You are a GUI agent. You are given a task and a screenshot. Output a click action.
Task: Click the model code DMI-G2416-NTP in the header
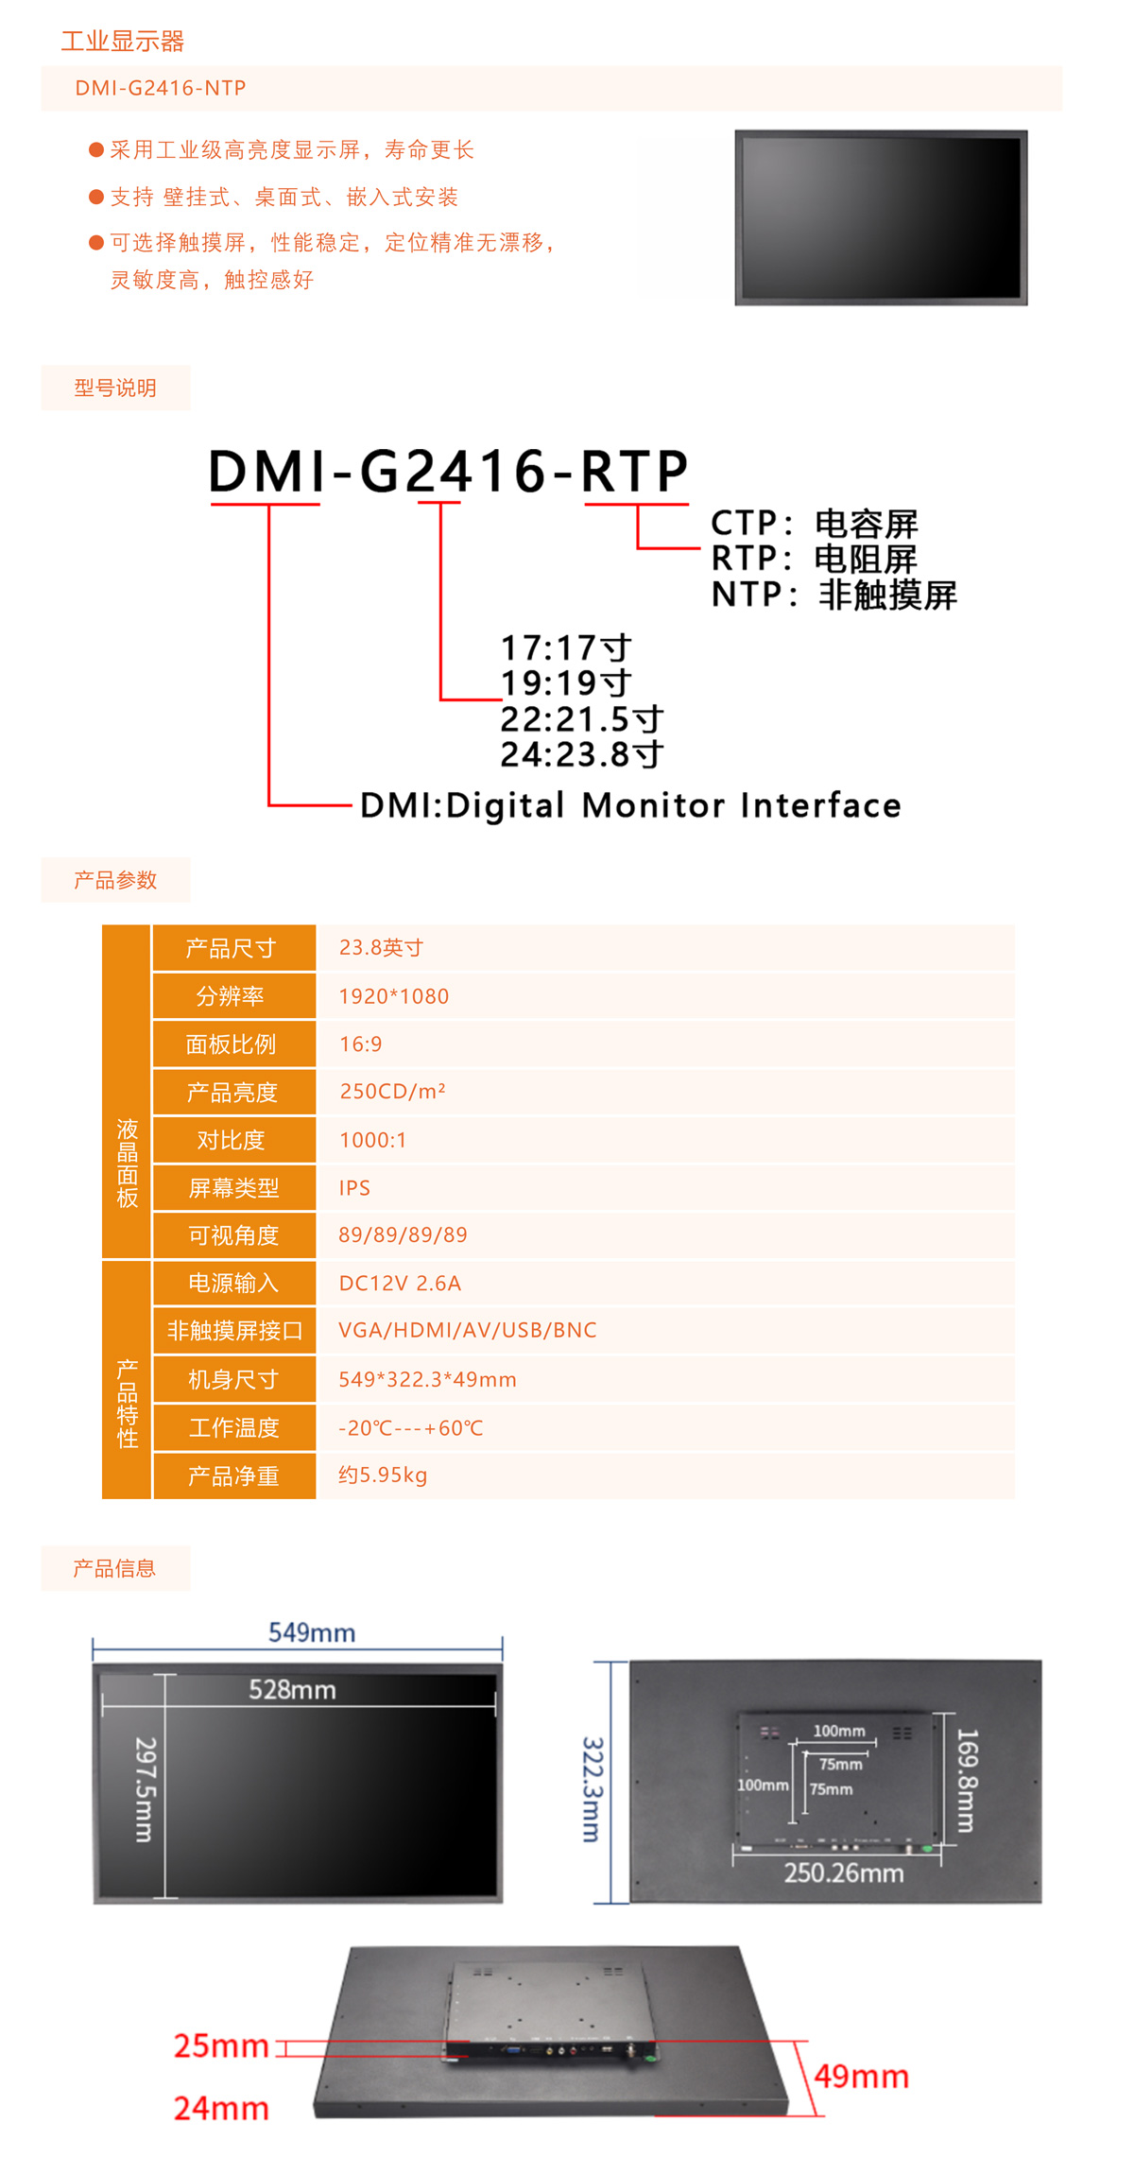(x=161, y=88)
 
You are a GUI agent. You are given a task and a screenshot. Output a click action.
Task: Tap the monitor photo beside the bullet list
(x=881, y=217)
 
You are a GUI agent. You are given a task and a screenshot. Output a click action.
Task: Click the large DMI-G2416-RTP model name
(x=448, y=471)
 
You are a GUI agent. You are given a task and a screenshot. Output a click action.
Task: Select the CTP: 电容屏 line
(x=814, y=523)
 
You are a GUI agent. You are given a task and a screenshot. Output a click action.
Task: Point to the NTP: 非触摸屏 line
(x=833, y=595)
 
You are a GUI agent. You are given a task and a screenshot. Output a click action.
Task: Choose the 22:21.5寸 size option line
(x=581, y=719)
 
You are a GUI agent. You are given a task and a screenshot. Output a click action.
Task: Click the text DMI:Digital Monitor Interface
(x=630, y=805)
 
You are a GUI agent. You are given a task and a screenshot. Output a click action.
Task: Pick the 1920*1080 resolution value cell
(x=394, y=996)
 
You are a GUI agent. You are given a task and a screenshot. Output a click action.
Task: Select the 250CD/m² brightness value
(x=392, y=1092)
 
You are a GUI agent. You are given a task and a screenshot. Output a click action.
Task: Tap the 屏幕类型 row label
(x=233, y=1188)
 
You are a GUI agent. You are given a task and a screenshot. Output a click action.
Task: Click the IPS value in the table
(x=354, y=1188)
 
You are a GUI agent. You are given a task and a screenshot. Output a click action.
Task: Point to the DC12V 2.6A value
(x=400, y=1284)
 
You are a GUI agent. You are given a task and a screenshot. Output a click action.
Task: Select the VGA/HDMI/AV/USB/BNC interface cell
(x=468, y=1331)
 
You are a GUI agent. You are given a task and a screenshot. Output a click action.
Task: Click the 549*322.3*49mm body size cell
(x=427, y=1380)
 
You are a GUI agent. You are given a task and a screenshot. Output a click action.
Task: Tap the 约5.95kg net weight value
(x=383, y=1475)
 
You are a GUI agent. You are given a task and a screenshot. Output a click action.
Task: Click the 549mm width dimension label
(x=312, y=1632)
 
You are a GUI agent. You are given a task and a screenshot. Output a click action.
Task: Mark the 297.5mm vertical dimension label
(x=145, y=1789)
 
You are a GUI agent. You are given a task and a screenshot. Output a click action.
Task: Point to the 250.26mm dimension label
(x=843, y=1872)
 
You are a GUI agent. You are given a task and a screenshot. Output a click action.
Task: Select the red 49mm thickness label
(x=861, y=2077)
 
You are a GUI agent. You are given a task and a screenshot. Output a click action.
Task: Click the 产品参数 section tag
(x=115, y=880)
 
